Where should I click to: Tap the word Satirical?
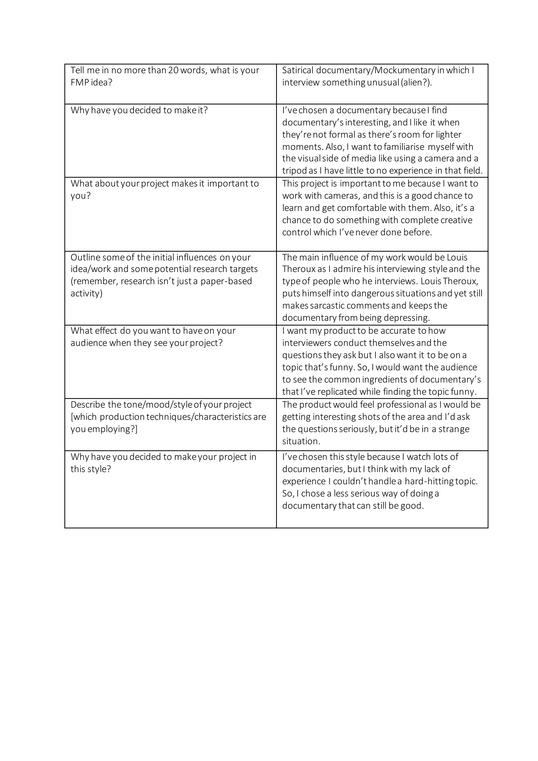pos(297,70)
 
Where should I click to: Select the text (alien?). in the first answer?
pos(416,83)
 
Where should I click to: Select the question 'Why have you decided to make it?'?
pos(139,110)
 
